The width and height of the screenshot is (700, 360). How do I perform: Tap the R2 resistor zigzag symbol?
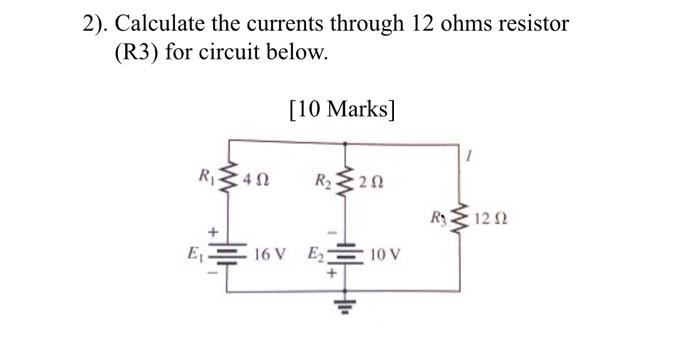coord(346,181)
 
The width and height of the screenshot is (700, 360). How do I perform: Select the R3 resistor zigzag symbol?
coord(461,215)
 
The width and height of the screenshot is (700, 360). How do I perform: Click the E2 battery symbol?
coord(346,251)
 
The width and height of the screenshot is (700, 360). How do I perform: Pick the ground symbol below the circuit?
coord(346,305)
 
